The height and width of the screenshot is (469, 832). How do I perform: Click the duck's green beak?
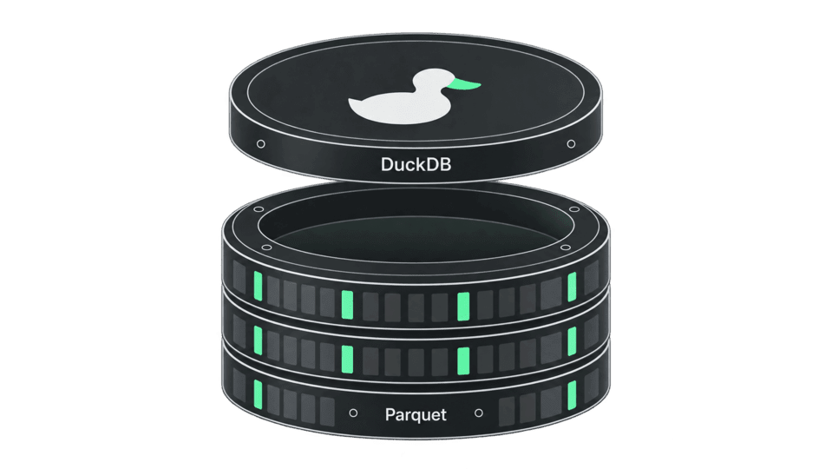tap(467, 84)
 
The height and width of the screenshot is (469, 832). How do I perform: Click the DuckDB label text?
tap(416, 164)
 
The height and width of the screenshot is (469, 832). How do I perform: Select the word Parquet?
tap(416, 414)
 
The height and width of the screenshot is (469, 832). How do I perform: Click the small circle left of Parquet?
tap(353, 413)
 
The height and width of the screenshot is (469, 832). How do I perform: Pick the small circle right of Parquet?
tap(479, 413)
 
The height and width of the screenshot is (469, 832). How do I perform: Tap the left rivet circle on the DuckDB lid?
tap(260, 144)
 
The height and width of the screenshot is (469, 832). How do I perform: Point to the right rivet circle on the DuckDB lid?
tap(571, 144)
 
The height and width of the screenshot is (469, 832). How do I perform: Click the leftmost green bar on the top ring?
tap(258, 286)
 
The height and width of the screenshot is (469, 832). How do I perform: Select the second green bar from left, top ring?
tap(347, 305)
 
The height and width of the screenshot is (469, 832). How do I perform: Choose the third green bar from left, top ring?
tap(463, 307)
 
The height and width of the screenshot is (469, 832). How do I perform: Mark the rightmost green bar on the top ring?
tap(572, 287)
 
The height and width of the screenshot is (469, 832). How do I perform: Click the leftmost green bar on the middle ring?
tap(258, 340)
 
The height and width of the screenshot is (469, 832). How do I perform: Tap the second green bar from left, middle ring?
tap(347, 360)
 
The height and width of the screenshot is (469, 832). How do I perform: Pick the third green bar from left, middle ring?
tap(463, 361)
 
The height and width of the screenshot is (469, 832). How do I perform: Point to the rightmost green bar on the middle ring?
tap(572, 341)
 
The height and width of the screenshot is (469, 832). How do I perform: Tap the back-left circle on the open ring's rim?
tap(259, 209)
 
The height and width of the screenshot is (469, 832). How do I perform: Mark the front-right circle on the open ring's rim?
tap(566, 248)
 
